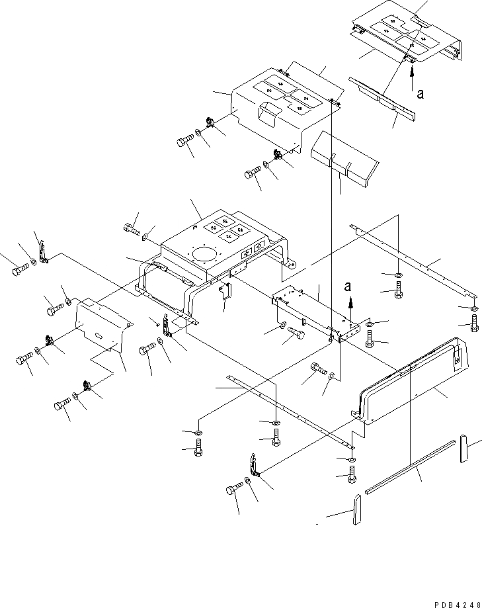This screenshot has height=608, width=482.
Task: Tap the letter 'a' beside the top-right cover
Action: pyautogui.click(x=420, y=93)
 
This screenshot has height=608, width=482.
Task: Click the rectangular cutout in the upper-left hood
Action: pyautogui.click(x=267, y=114)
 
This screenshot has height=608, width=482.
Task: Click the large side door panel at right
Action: pyautogui.click(x=410, y=384)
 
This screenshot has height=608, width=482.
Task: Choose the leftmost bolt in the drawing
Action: pyautogui.click(x=19, y=270)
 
